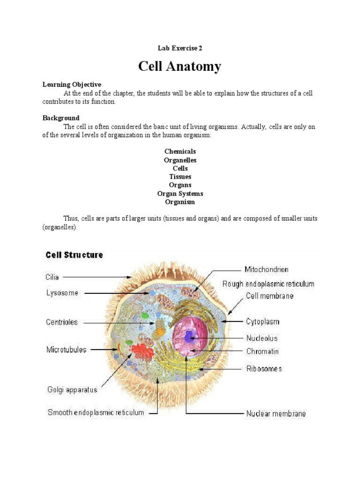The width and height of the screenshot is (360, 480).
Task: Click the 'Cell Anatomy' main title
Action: (x=180, y=67)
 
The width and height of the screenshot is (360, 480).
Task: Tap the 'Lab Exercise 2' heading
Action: (x=180, y=48)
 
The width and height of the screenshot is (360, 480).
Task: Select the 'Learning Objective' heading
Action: (x=72, y=85)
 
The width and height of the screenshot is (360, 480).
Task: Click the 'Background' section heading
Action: (x=61, y=118)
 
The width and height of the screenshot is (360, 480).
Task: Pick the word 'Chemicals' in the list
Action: (x=180, y=151)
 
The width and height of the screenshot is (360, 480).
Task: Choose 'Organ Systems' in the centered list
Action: (x=180, y=194)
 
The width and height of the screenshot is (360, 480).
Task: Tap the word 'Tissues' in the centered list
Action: (x=180, y=177)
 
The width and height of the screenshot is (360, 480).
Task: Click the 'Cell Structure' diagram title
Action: (x=74, y=255)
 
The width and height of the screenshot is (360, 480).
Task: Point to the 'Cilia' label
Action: (x=52, y=277)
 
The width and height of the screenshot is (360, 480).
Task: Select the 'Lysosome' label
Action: (x=62, y=293)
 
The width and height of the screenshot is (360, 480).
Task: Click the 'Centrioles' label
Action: (x=62, y=322)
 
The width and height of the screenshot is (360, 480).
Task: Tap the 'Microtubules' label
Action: (x=66, y=350)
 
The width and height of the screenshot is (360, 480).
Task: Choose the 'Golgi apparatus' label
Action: (x=72, y=390)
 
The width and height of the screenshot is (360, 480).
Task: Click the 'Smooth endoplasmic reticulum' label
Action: (x=96, y=413)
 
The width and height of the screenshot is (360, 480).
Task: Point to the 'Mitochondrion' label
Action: (x=266, y=270)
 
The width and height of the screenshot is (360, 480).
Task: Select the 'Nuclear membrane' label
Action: (x=276, y=414)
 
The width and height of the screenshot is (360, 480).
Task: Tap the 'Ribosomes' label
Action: (x=264, y=369)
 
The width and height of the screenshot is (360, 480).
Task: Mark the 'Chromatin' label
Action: (x=262, y=351)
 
